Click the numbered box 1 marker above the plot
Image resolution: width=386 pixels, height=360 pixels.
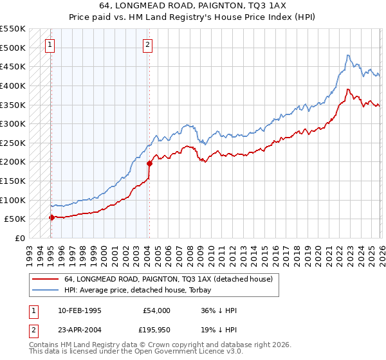(50, 44)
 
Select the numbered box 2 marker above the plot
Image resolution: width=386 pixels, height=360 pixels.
(147, 44)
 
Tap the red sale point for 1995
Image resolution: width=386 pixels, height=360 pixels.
(51, 217)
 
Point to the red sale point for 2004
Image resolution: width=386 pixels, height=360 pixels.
(149, 163)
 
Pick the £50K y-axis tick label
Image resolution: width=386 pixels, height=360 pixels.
(15, 219)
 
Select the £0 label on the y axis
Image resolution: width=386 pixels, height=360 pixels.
(19, 238)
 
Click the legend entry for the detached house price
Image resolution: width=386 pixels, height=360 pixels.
(169, 279)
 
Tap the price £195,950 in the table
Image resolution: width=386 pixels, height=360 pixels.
(155, 331)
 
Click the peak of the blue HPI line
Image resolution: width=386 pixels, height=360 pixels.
(347, 55)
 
